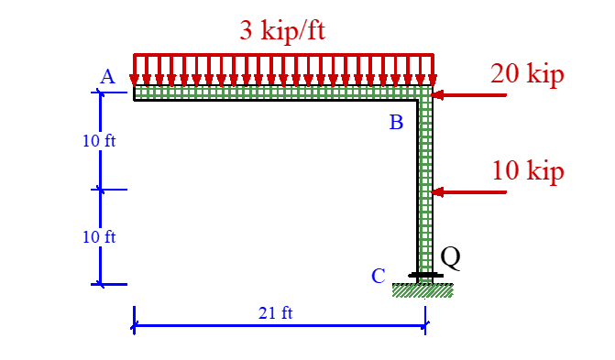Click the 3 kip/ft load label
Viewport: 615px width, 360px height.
pyautogui.click(x=282, y=30)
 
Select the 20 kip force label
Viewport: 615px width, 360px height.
pyautogui.click(x=527, y=74)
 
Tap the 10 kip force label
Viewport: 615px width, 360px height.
pyautogui.click(x=528, y=171)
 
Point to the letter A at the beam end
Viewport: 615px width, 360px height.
pyautogui.click(x=107, y=78)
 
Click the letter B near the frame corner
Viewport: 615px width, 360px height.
pyautogui.click(x=396, y=123)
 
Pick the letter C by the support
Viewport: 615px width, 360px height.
pyautogui.click(x=378, y=276)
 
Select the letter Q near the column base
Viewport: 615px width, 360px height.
pyautogui.click(x=450, y=258)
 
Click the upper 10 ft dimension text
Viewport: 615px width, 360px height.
pyautogui.click(x=99, y=142)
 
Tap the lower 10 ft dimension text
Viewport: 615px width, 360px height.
pyautogui.click(x=99, y=237)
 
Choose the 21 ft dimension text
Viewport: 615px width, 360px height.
pyautogui.click(x=275, y=313)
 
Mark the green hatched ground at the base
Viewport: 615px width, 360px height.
pyautogui.click(x=423, y=290)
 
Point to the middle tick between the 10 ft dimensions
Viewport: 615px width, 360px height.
pyautogui.click(x=101, y=190)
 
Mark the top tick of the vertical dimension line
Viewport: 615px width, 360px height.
pyautogui.click(x=101, y=93)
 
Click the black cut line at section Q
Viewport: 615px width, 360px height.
pyautogui.click(x=425, y=274)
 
